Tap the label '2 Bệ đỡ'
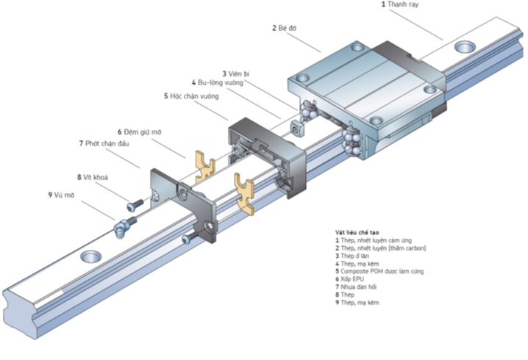coord(284,28)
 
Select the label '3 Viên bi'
coord(236,73)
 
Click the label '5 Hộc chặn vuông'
coord(196,96)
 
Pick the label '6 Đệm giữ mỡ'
coord(139,132)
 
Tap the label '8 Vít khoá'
coord(91,177)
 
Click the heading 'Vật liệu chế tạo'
coord(359,233)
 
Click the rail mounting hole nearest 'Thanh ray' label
coord(464,48)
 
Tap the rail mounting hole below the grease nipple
coord(91,256)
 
